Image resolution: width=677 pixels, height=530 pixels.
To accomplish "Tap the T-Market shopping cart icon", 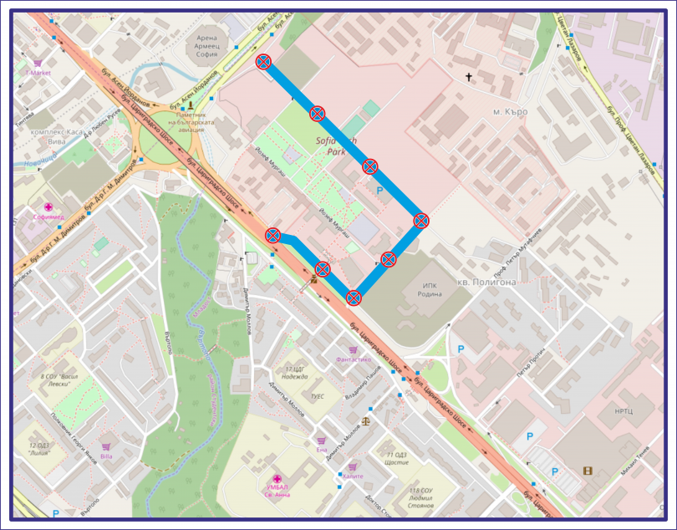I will point(38,63).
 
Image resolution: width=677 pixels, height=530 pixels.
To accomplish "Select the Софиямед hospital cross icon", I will point(48,207).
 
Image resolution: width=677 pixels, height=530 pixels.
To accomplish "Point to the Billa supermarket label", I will point(106,456).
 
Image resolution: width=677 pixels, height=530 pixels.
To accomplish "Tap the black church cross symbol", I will point(469,78).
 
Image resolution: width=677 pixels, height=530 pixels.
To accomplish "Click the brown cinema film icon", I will point(588,471).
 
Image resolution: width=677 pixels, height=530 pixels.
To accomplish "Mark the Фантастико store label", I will point(353,359).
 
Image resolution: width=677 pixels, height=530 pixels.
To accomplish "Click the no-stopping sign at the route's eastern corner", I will point(421,221).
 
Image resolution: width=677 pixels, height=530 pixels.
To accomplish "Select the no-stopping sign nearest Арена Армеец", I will point(263,61).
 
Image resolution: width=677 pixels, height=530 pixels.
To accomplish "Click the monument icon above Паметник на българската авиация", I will point(191,105).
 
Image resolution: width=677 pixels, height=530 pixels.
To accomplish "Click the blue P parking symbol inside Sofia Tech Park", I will point(380,191).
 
